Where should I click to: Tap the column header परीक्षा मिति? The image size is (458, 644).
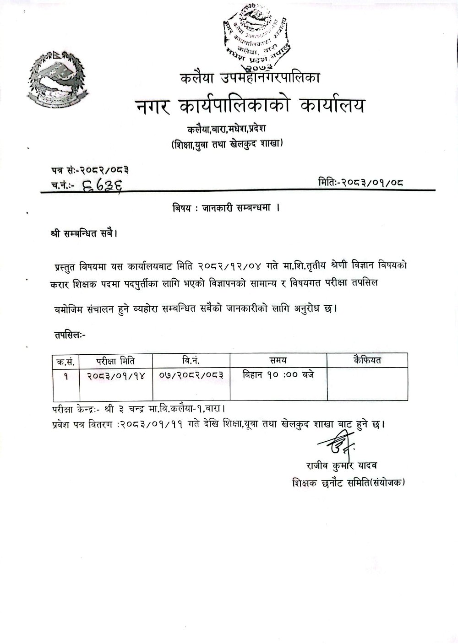tap(116, 361)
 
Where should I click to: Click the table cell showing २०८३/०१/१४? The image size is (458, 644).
tap(116, 375)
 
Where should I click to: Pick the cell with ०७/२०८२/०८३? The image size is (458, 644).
tap(191, 375)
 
